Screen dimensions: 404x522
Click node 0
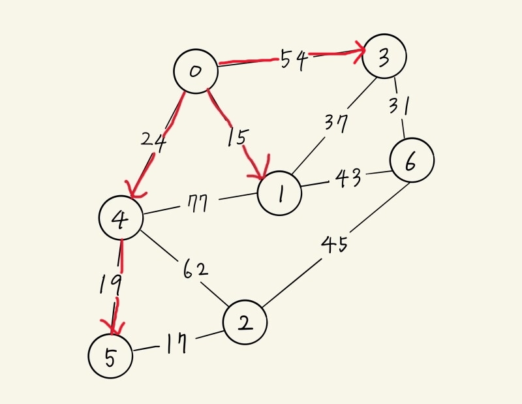[195, 71]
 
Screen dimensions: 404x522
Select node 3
[384, 57]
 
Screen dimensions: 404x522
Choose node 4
[121, 219]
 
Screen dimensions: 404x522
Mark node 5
[110, 356]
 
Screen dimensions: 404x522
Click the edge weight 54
[294, 60]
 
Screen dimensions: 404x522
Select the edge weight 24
[153, 139]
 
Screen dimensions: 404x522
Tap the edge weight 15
[238, 138]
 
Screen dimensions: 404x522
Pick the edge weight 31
[399, 104]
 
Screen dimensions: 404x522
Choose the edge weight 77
[196, 204]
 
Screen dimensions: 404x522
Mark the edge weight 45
[334, 245]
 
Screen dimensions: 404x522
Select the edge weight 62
[193, 268]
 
